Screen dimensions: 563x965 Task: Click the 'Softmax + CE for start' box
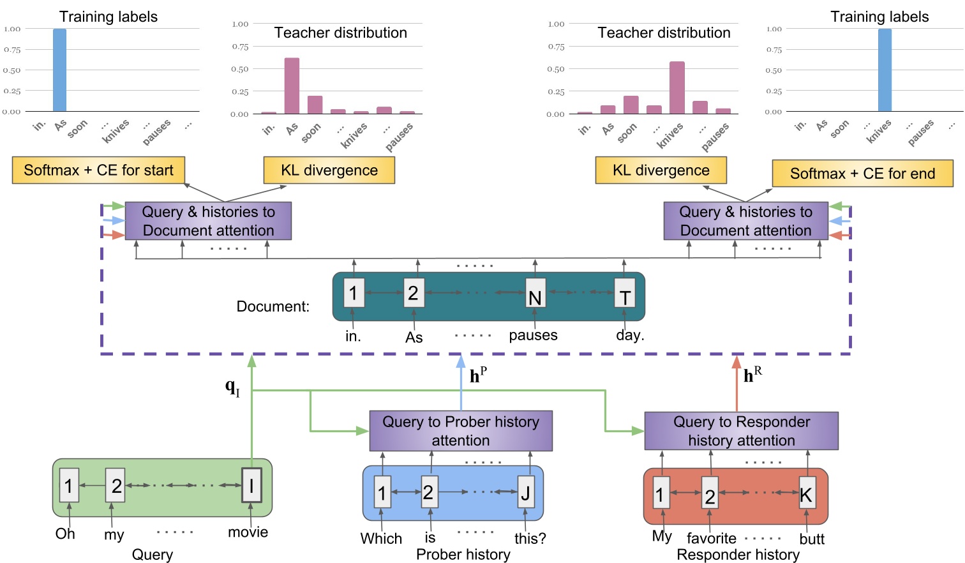coord(98,170)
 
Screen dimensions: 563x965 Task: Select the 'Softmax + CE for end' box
coord(862,174)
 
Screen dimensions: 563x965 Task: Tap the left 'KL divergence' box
coord(329,170)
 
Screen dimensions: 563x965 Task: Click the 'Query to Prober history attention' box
coord(461,431)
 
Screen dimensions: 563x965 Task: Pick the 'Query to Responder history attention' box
coord(741,431)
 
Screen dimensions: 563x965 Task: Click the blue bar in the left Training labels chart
coord(59,70)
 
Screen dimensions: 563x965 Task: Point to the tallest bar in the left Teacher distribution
coord(292,86)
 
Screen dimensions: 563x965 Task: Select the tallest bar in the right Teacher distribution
coord(677,88)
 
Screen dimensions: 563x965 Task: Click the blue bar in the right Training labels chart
coord(885,70)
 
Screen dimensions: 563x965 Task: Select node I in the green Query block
coord(251,486)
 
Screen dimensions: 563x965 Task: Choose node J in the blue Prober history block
coord(526,492)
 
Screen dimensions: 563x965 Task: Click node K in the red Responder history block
coord(807,493)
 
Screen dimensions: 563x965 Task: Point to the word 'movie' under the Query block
coord(248,532)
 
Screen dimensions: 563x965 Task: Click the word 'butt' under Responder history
coord(812,539)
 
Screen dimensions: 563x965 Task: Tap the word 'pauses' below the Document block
coord(533,335)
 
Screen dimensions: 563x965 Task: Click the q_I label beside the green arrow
coord(232,387)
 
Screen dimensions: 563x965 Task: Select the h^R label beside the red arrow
coord(752,375)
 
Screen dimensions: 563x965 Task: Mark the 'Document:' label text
coord(273,306)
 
